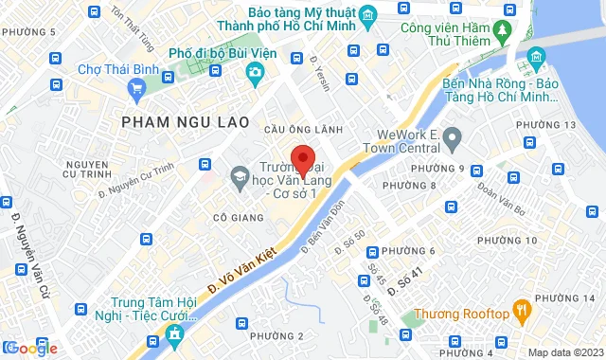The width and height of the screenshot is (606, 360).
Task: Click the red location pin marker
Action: coord(302,158)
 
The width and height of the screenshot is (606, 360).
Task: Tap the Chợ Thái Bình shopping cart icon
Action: coord(137,90)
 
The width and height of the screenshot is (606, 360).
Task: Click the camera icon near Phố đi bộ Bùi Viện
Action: coord(254,72)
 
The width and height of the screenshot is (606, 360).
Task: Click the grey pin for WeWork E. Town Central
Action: coord(452,140)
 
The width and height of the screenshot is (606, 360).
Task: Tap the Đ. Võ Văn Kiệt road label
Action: coord(236,267)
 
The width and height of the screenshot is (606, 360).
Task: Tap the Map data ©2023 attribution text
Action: coord(563,352)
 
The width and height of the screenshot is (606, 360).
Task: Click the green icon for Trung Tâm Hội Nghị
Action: coord(174,333)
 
